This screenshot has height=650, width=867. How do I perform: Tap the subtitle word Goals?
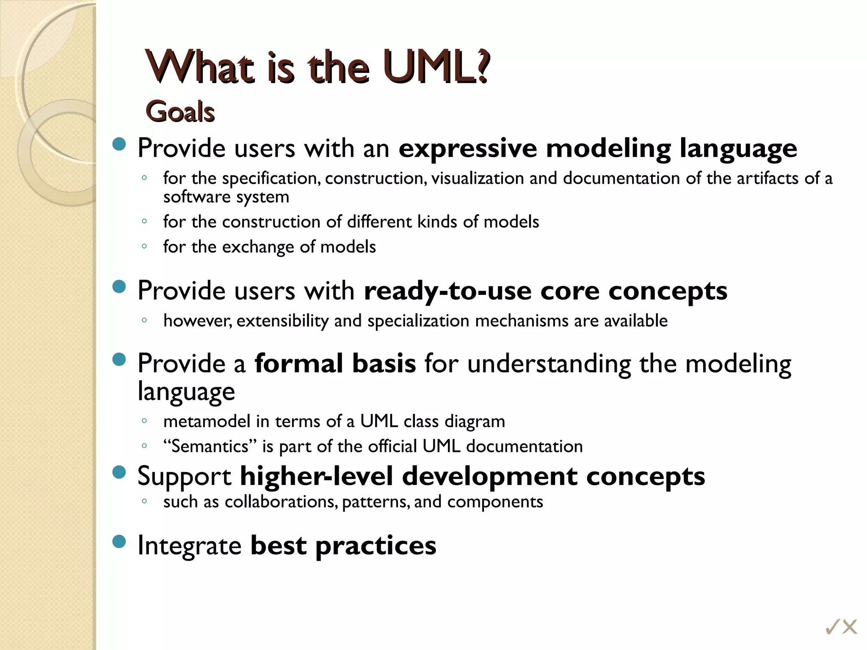[180, 112]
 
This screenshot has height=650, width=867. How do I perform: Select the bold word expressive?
[468, 149]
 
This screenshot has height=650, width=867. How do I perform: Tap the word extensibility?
[282, 321]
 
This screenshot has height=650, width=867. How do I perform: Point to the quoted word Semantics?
[210, 446]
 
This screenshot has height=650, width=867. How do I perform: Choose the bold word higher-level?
[317, 476]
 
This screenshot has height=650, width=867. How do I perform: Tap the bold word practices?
[376, 545]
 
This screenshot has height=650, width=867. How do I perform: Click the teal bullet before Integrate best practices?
[120, 542]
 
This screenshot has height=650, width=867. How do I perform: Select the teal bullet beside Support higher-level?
[120, 472]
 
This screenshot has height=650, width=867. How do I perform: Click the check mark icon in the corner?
[833, 627]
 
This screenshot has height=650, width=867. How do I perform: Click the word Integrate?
[189, 545]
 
